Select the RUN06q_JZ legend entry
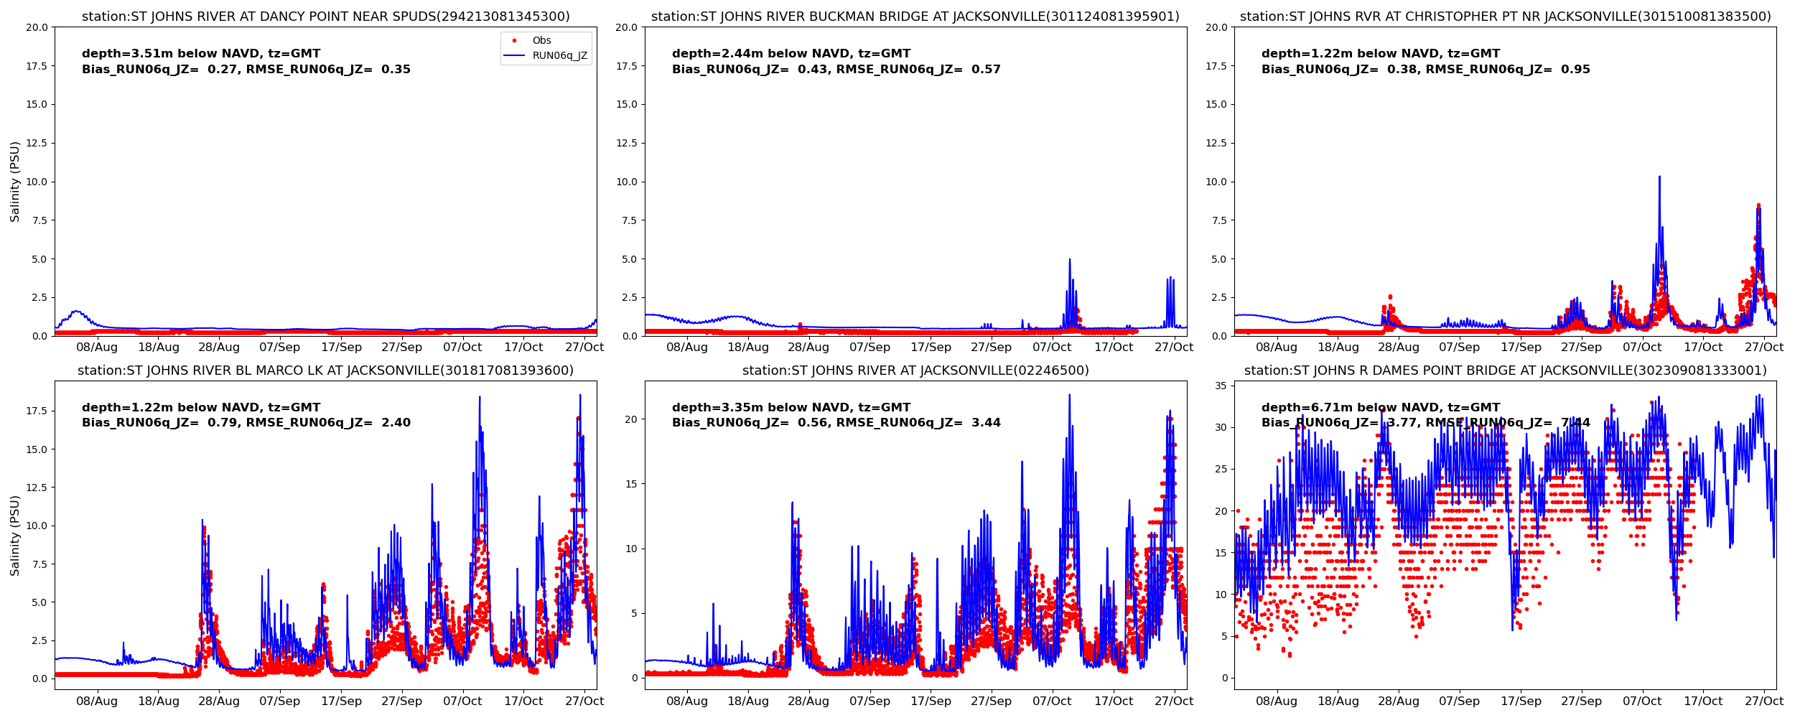pyautogui.click(x=559, y=56)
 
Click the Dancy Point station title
pyautogui.click(x=325, y=17)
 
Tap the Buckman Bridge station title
pyautogui.click(x=915, y=17)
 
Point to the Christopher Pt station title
pyautogui.click(x=1505, y=17)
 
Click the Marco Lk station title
pyautogui.click(x=325, y=370)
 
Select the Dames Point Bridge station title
pyautogui.click(x=1505, y=370)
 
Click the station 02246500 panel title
pyautogui.click(x=915, y=370)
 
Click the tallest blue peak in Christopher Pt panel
pyautogui.click(x=1659, y=177)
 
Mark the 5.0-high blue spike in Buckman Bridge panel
pyautogui.click(x=1069, y=260)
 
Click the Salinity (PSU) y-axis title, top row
pyautogui.click(x=15, y=182)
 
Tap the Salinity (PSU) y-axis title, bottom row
pyautogui.click(x=15, y=535)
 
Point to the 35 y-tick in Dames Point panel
pyautogui.click(x=1220, y=386)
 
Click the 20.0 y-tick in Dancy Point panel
pyautogui.click(x=36, y=27)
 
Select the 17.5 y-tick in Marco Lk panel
pyautogui.click(x=36, y=411)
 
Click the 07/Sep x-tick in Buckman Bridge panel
pyautogui.click(x=869, y=348)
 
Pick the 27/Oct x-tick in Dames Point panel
pyautogui.click(x=1764, y=701)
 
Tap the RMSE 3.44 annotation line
pyautogui.click(x=836, y=423)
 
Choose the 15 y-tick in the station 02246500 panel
pyautogui.click(x=631, y=484)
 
